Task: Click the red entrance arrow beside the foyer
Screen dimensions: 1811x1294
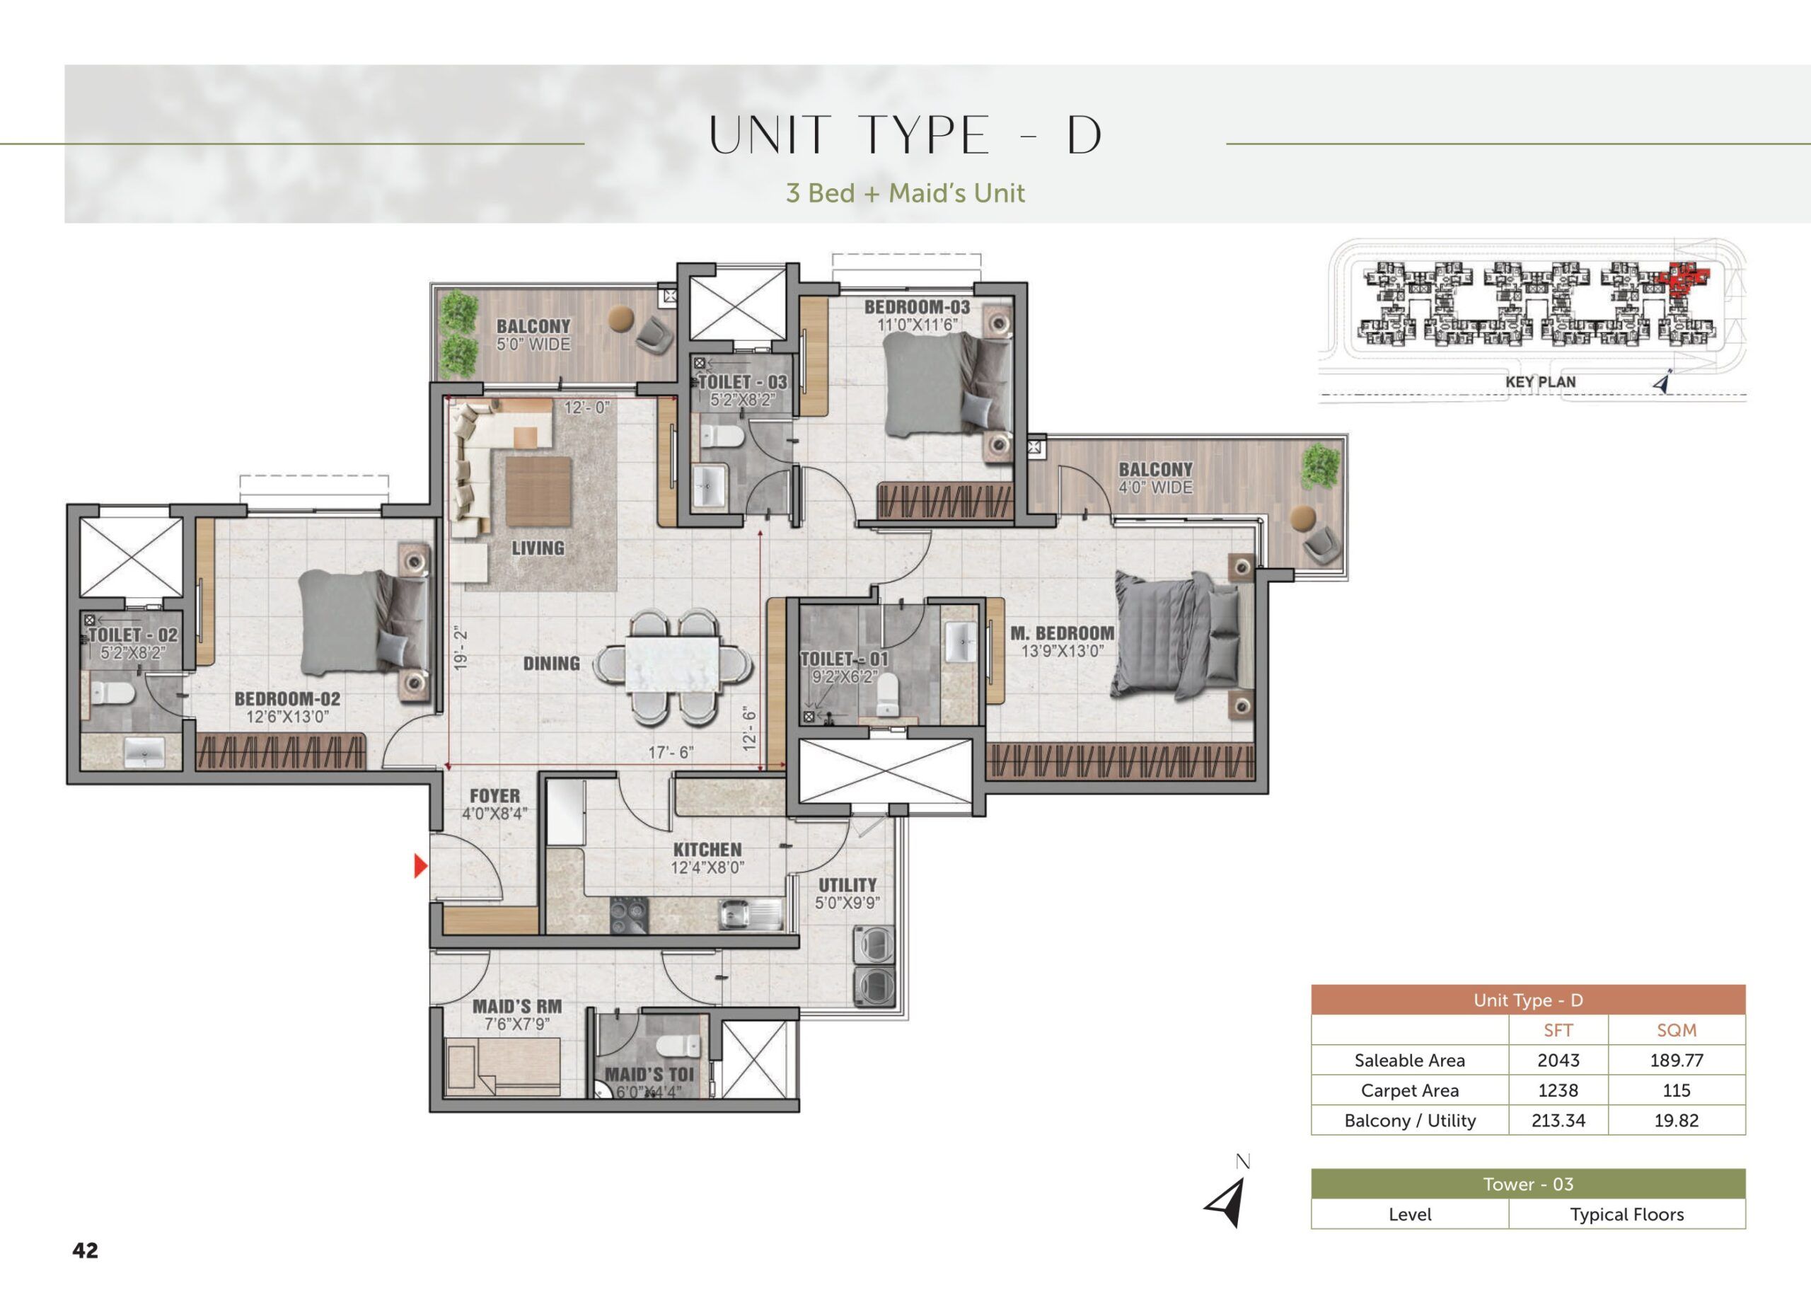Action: (x=421, y=865)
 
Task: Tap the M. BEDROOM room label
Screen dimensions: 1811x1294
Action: (x=1062, y=633)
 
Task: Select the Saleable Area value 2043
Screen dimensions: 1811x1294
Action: (x=1558, y=1060)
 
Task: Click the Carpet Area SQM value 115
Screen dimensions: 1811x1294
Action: (x=1677, y=1090)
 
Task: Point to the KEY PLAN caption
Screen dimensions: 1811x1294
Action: (x=1540, y=381)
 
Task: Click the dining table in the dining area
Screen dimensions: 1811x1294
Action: (x=673, y=664)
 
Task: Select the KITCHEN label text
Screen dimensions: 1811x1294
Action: (x=707, y=850)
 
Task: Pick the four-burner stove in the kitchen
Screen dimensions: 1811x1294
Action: (x=629, y=915)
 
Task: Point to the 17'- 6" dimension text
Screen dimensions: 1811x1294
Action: (x=671, y=752)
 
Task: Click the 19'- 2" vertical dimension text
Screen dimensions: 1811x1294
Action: (x=461, y=650)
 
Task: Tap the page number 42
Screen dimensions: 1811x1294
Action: (x=86, y=1249)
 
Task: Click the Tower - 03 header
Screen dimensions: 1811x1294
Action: (x=1527, y=1184)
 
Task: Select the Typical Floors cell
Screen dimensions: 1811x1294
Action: (x=1626, y=1214)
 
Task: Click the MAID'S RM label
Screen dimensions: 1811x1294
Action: (x=517, y=1006)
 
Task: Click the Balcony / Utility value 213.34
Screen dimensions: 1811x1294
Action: (x=1558, y=1120)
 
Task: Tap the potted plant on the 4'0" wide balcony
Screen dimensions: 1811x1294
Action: (x=1320, y=468)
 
